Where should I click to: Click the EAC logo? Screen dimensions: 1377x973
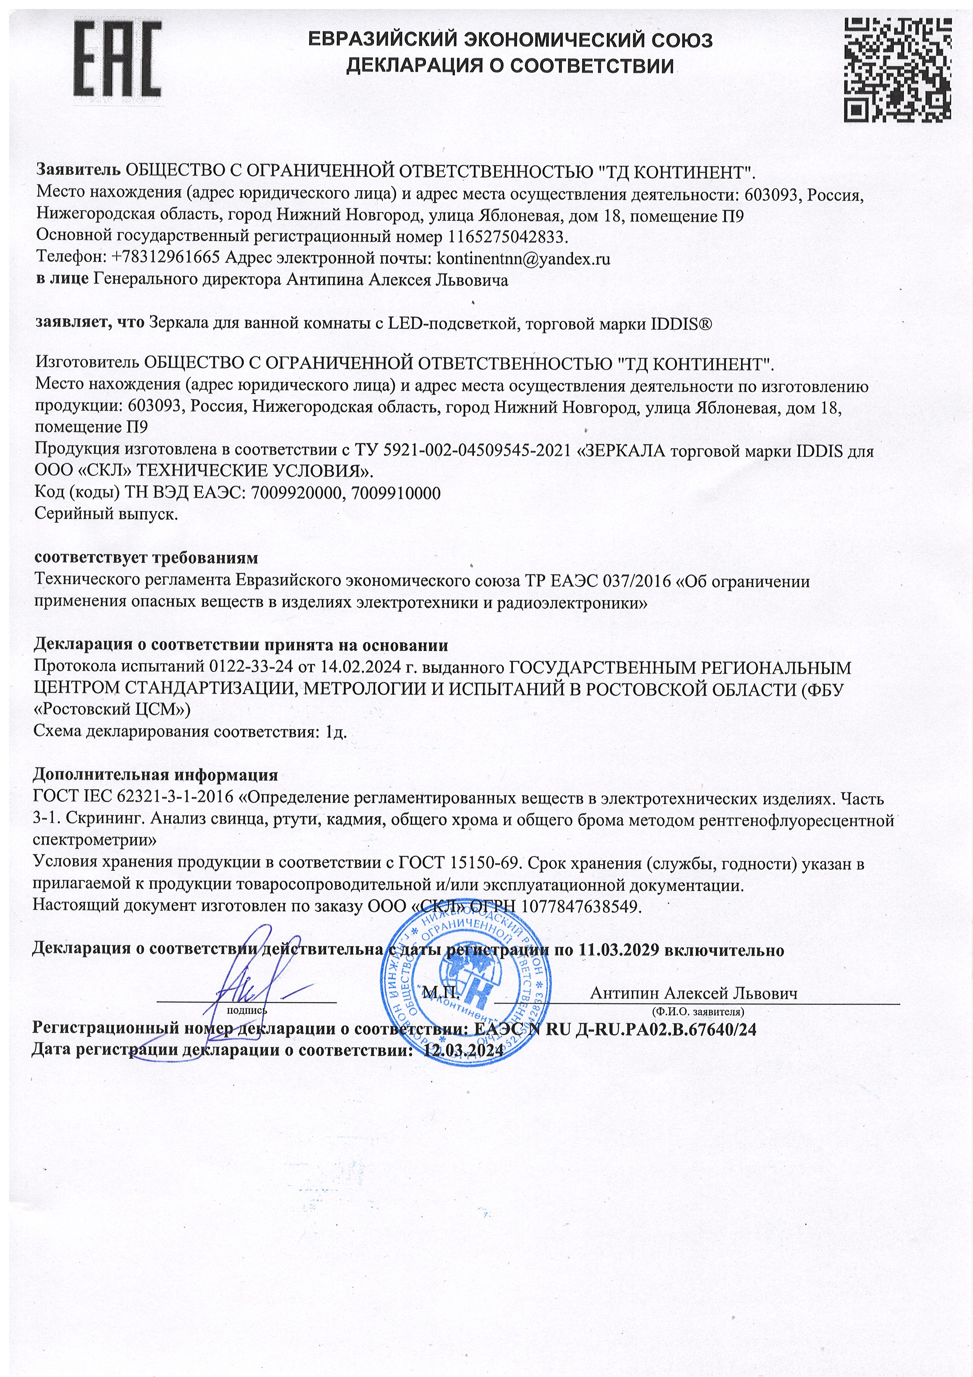117,63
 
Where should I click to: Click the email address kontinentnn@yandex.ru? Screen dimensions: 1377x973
523,259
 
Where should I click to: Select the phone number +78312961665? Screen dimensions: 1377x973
166,259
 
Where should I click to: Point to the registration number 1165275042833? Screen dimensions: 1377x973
507,237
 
